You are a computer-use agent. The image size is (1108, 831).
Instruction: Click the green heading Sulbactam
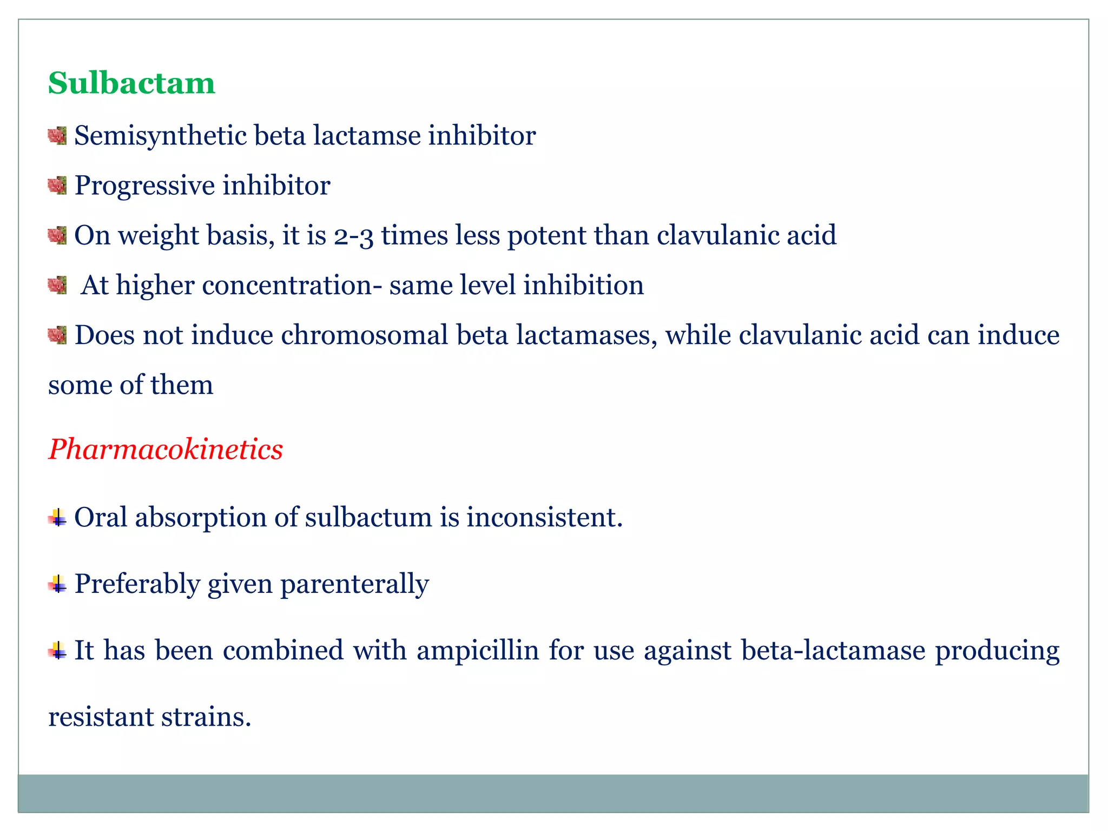click(131, 83)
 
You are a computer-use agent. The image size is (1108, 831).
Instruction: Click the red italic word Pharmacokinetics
click(166, 449)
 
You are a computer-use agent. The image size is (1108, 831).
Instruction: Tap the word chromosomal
click(364, 335)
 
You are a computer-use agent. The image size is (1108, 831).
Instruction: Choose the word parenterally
click(354, 584)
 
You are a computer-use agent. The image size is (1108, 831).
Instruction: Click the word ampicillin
click(478, 650)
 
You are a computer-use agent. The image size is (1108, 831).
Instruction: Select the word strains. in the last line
click(206, 717)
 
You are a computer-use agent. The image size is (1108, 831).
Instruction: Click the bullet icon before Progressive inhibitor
click(57, 186)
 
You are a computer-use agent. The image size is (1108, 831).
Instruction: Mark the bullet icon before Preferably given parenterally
click(57, 584)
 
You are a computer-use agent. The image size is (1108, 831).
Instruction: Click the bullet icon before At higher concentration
click(57, 285)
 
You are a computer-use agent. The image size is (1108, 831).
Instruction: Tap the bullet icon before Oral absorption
click(57, 518)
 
